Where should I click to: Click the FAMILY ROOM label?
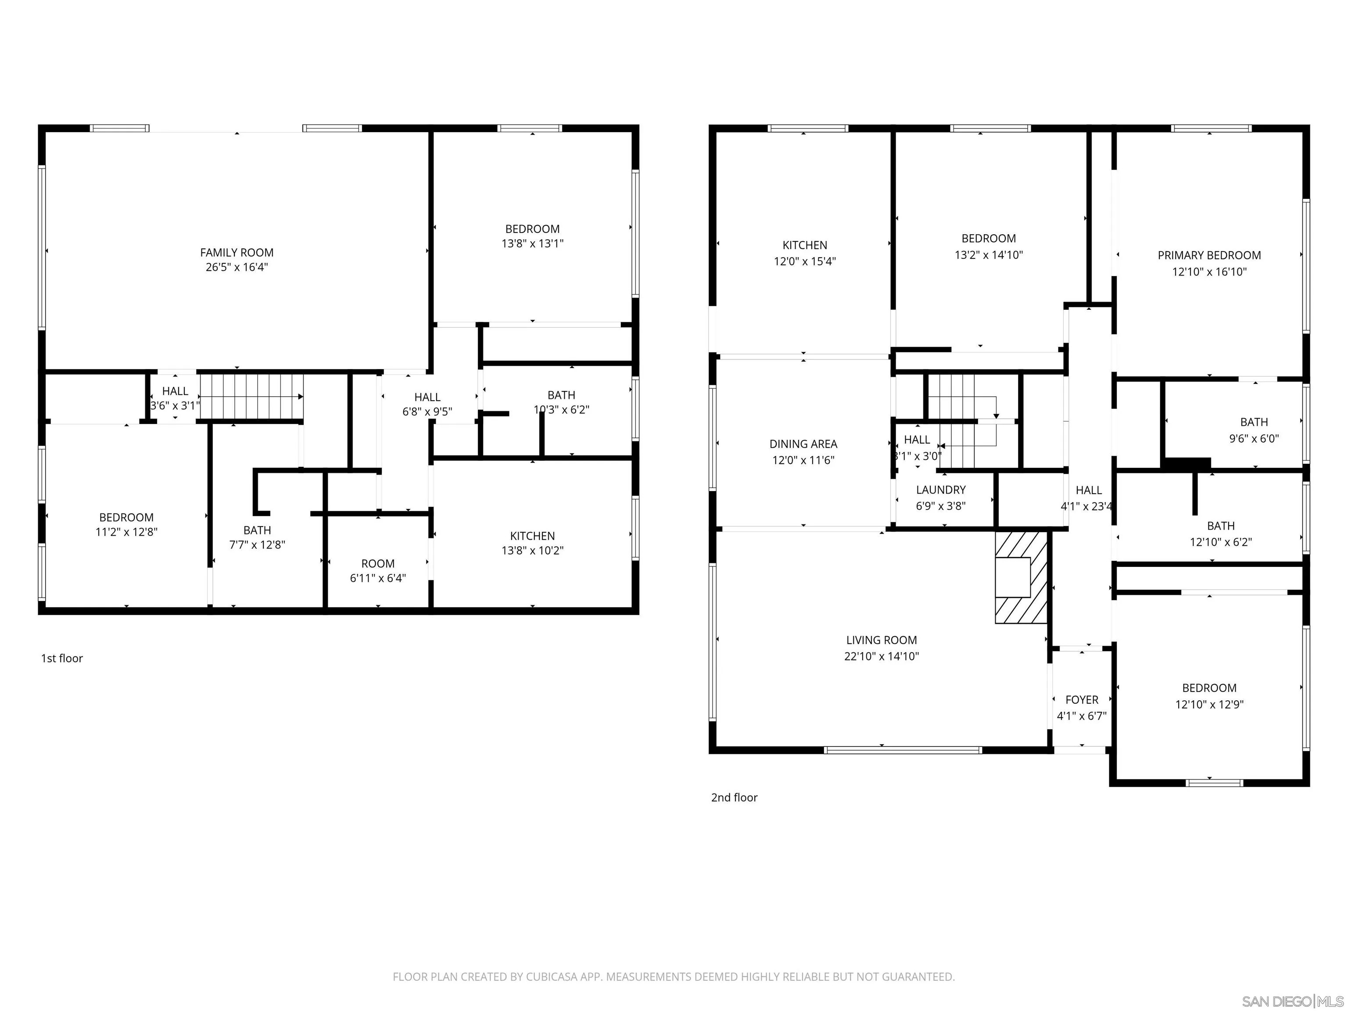(237, 252)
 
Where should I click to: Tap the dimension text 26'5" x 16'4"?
(237, 267)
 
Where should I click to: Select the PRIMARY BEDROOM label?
(1209, 255)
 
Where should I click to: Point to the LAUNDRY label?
(940, 490)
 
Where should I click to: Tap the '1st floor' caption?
(61, 658)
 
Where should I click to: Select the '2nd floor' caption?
(734, 798)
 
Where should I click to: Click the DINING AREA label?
(803, 444)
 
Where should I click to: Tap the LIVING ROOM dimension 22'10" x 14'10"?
(881, 656)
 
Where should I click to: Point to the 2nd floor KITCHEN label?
(804, 245)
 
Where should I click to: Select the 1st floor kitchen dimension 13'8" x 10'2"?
(532, 550)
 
